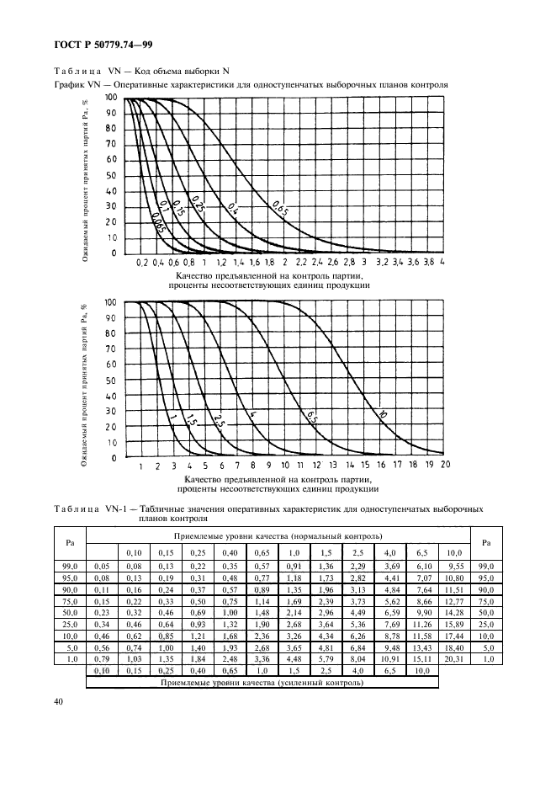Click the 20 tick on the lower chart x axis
[445, 466]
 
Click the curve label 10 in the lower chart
[383, 415]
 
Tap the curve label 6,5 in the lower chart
[310, 414]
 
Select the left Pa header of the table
[70, 542]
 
